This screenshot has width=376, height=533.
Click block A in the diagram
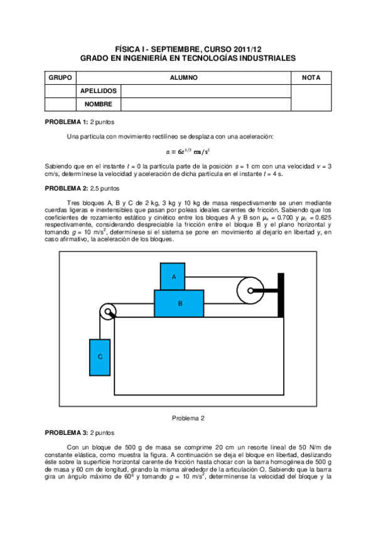[x=174, y=277]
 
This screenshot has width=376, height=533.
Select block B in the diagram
[x=180, y=303]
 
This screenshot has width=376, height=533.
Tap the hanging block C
[x=100, y=356]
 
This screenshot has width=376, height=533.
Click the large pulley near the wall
[x=250, y=291]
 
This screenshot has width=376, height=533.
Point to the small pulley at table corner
[x=109, y=311]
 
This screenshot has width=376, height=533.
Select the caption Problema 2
[x=188, y=417]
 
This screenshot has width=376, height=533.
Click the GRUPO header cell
[x=60, y=77]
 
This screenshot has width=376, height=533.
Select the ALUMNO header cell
[x=183, y=77]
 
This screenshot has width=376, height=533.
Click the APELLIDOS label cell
[x=99, y=91]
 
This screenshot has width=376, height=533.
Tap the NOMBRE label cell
[x=99, y=104]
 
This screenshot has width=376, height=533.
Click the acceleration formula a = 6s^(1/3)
[x=188, y=151]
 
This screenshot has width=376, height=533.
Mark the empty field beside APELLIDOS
[x=206, y=91]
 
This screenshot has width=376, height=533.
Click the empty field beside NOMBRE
[x=206, y=104]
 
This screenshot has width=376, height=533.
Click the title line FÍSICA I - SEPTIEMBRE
[x=188, y=48]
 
